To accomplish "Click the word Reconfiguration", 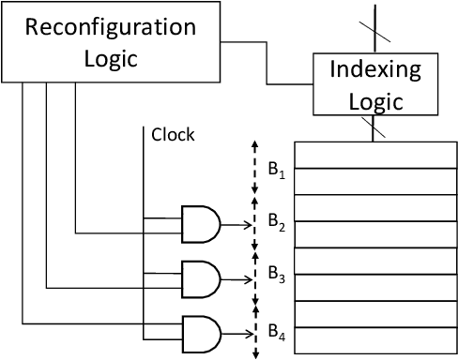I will (111, 26).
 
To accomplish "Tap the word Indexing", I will (375, 70).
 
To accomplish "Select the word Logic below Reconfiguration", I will (111, 58).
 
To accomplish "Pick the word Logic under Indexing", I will (375, 101).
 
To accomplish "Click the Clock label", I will (173, 135).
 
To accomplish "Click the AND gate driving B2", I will (201, 224).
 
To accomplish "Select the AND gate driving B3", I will (201, 277).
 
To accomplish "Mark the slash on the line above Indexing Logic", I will (375, 27).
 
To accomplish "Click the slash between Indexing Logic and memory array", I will (375, 129).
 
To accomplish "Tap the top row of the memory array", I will (375, 154).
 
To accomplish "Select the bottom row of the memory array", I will (375, 343).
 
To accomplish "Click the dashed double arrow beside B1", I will (254, 172).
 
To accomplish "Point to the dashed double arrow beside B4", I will (254, 330).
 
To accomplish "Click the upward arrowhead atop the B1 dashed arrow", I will (254, 145).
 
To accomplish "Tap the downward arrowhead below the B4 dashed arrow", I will (254, 355).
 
